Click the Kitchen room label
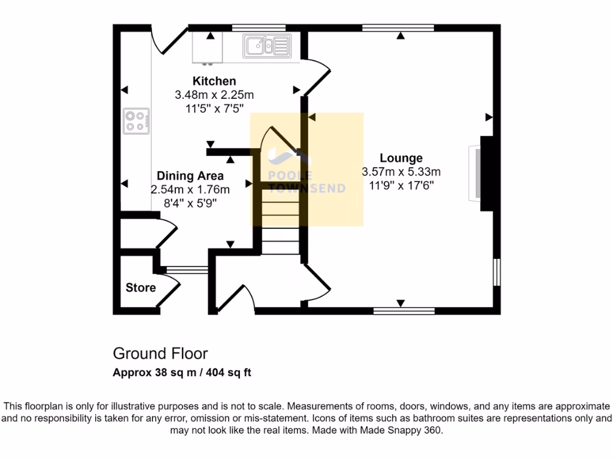[x=214, y=81]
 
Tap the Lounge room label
[x=400, y=158]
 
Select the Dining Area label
[x=190, y=175]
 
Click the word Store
[x=141, y=287]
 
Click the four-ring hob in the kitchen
[x=135, y=121]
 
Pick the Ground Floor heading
[x=160, y=353]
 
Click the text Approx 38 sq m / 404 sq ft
[x=182, y=373]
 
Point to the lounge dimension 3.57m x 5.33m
[x=400, y=172]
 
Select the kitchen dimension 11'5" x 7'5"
[x=214, y=108]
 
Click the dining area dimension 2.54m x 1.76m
[x=190, y=189]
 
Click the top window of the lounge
[x=397, y=27]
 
